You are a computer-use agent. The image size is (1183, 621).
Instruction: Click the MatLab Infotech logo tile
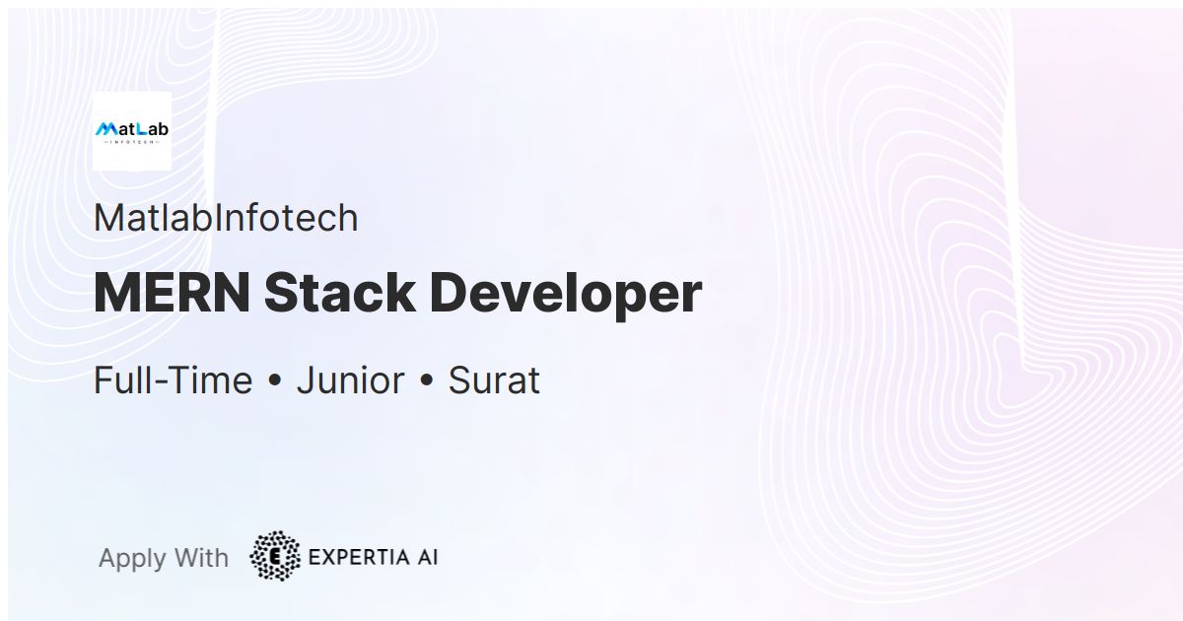point(131,131)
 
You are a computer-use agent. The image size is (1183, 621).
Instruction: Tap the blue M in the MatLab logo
point(105,129)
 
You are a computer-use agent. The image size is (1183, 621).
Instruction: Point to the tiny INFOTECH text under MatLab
point(131,142)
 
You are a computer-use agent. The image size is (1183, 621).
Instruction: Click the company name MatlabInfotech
point(226,218)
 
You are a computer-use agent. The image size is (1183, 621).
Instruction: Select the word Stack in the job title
point(338,293)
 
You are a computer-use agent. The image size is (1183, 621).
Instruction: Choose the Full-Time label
point(173,380)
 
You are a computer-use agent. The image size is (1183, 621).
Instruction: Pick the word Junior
point(350,380)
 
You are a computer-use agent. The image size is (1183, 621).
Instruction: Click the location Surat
point(494,380)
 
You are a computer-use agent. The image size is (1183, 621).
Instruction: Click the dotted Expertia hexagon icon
point(275,556)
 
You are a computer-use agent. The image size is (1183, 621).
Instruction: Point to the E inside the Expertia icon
point(276,557)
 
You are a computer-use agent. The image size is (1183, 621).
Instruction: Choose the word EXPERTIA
point(357,557)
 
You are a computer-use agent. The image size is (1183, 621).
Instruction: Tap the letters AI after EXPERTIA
point(426,557)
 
